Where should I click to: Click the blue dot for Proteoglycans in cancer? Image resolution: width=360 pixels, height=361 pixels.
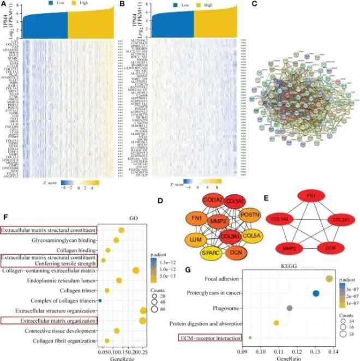(x=316, y=293)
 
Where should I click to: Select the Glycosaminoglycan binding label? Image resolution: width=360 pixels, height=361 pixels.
(x=64, y=240)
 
